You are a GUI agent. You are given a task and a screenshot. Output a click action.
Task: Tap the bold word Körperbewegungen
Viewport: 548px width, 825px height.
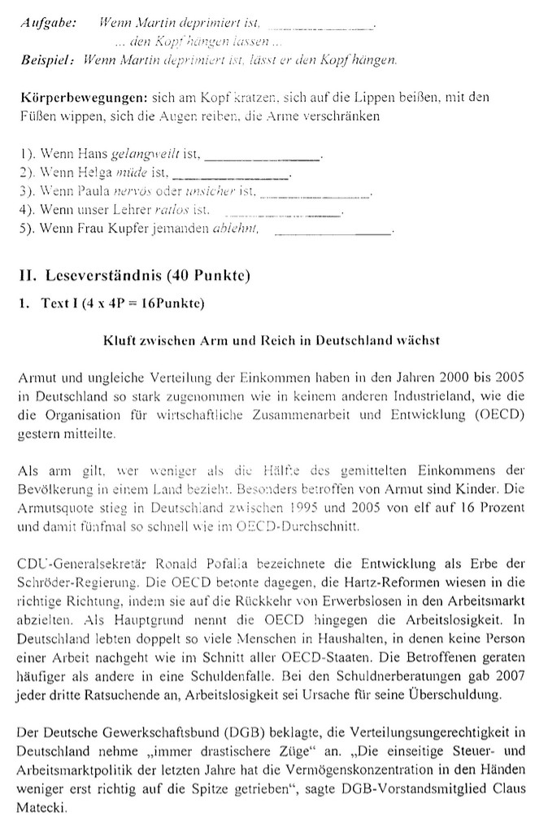click(x=76, y=98)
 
